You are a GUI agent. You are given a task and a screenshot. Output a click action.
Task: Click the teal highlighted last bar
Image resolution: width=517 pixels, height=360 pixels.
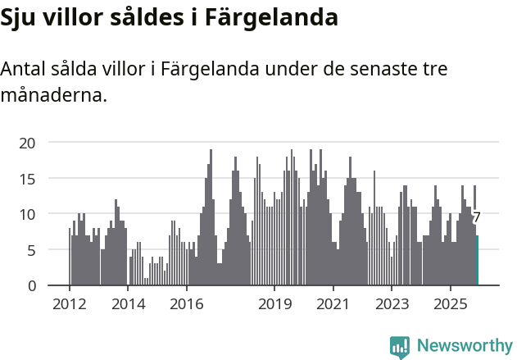point(478,261)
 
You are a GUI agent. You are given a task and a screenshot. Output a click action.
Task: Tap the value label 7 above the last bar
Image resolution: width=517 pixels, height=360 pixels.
point(476,217)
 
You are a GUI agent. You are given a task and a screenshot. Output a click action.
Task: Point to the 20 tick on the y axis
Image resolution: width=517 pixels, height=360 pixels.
point(28,143)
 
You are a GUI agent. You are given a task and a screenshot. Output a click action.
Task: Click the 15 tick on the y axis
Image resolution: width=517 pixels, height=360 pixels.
point(28,179)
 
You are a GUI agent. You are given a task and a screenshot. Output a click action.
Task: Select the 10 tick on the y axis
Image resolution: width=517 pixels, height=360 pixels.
point(28,214)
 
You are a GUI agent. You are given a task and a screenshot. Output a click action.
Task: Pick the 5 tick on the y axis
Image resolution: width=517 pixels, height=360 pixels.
point(32,250)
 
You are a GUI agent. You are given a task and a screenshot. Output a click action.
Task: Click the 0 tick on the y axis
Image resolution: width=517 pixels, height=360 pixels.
point(32,285)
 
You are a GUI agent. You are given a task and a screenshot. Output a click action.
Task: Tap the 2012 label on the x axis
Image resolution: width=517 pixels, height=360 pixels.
point(69,304)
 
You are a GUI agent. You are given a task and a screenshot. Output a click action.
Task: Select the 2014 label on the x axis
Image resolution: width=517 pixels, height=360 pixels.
point(128,304)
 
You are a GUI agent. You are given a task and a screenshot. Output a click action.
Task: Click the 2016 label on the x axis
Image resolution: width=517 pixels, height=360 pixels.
point(186,304)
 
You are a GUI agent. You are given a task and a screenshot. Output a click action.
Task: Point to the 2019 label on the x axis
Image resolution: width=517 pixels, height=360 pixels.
point(274,304)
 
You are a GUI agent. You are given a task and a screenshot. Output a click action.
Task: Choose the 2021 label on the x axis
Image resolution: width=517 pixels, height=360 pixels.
point(333,304)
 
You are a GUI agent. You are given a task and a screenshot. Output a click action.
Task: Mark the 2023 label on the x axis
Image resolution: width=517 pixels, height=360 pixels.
point(392,304)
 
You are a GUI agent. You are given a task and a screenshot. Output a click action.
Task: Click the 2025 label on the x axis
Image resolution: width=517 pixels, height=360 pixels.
point(450,304)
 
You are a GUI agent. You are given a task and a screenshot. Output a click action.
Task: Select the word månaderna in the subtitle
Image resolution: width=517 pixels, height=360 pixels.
point(54,96)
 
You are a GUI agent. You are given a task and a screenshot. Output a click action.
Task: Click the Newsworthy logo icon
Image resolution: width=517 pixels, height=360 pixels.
point(400,346)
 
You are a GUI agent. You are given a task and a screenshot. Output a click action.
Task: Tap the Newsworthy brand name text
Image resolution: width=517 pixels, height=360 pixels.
point(464,346)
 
